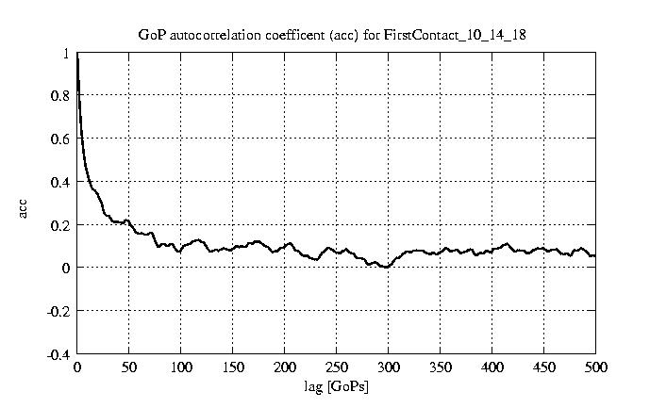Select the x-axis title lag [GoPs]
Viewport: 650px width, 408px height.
[x=336, y=386]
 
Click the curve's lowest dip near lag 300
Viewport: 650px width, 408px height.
[x=386, y=267]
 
